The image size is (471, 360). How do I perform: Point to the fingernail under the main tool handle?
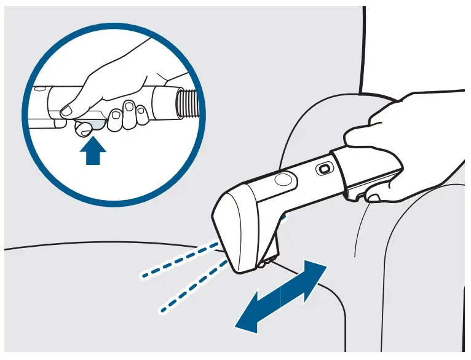pyautogui.click(x=371, y=198)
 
